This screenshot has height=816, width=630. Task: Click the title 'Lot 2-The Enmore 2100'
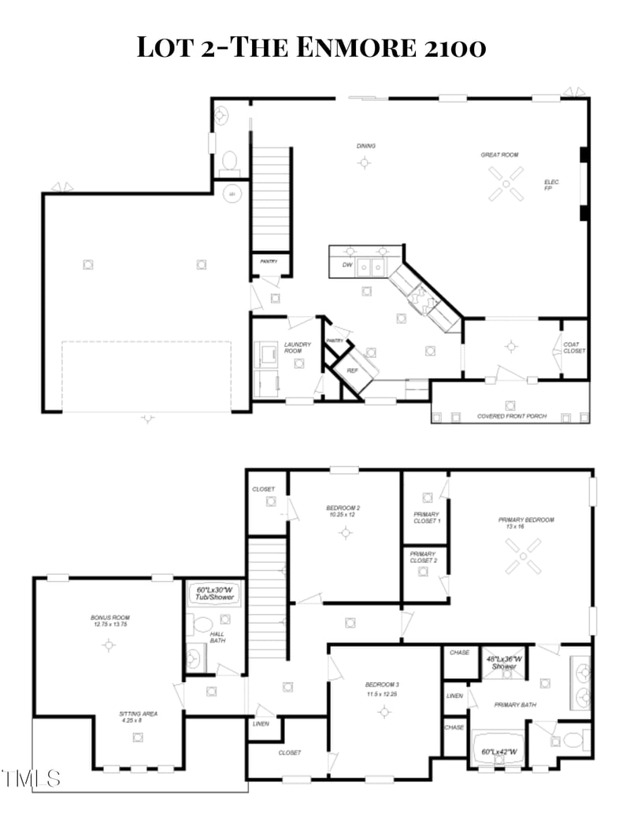(311, 47)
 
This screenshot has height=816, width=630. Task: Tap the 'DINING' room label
(365, 146)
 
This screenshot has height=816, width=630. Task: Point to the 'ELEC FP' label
(551, 185)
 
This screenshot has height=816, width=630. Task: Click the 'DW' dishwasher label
(346, 265)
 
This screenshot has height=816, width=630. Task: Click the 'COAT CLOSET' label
(574, 347)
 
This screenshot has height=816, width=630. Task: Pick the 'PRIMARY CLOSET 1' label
(427, 517)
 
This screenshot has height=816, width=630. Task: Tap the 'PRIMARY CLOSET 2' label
(424, 557)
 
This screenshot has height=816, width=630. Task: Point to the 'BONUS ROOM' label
(109, 620)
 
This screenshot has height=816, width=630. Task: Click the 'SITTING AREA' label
(139, 717)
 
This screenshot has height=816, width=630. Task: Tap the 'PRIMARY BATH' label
(514, 704)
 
